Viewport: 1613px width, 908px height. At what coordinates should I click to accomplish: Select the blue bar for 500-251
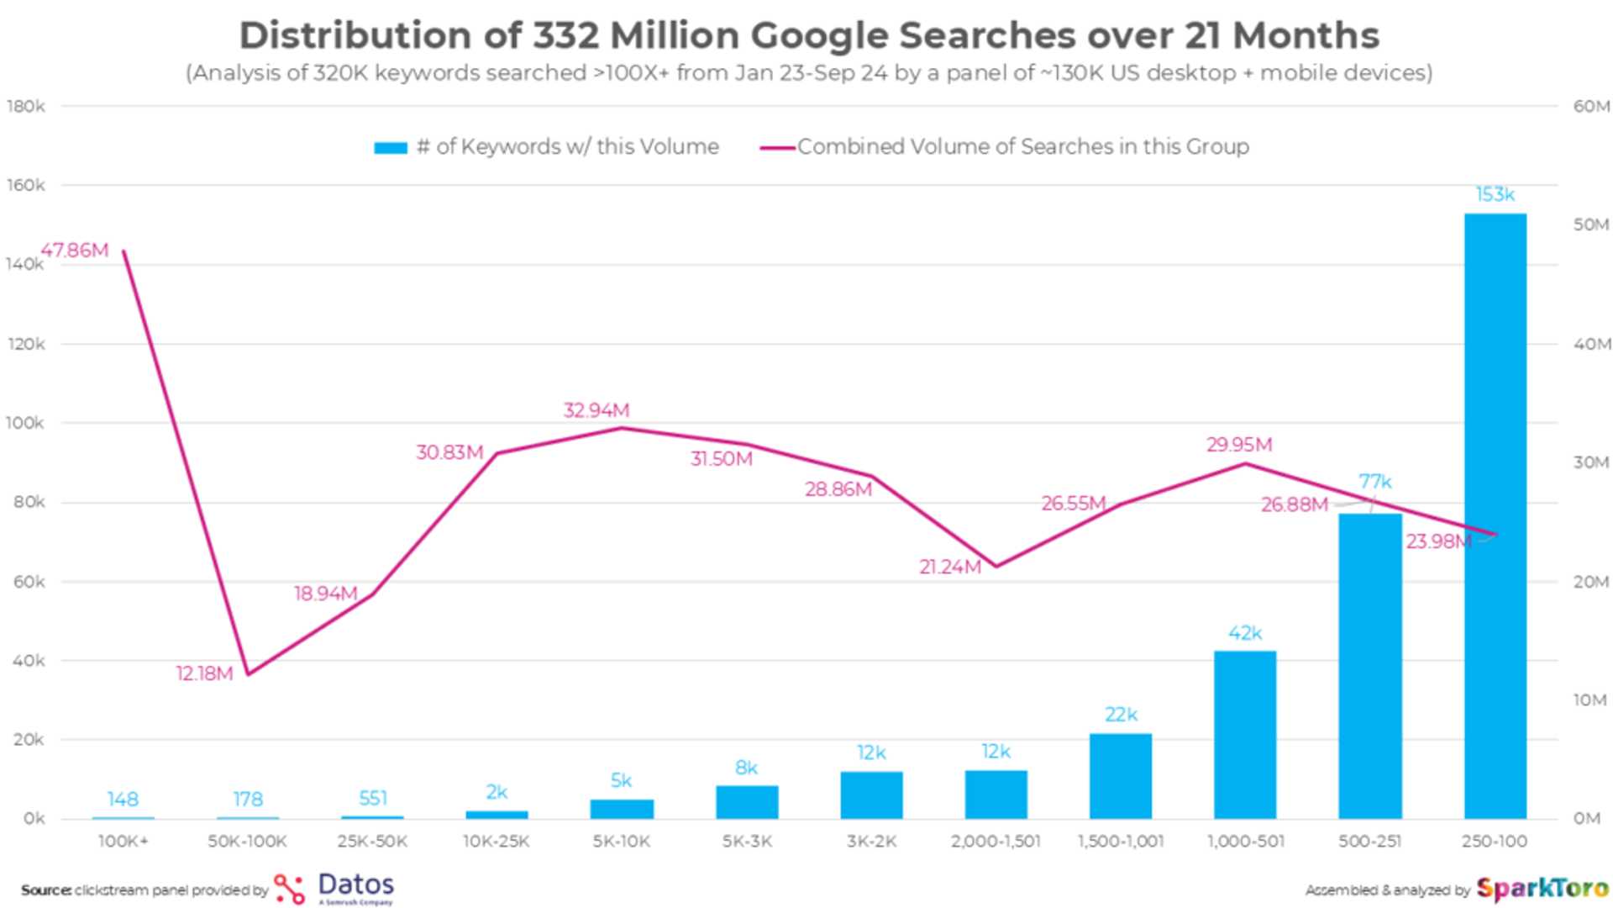coord(1370,673)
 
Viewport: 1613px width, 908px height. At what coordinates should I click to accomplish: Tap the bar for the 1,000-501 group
coord(1245,736)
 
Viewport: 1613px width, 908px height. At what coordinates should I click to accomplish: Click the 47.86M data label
coord(75,251)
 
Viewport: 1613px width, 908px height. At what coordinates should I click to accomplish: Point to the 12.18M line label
coord(204,673)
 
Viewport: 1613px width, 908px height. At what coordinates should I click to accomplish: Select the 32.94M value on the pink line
coord(596,410)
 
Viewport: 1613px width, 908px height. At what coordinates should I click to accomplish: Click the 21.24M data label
coord(949,567)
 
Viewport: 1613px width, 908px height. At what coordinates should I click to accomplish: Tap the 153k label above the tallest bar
coord(1495,195)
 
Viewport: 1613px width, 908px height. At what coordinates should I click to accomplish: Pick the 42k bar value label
coord(1245,633)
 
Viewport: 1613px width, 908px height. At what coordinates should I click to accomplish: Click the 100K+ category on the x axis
coord(123,841)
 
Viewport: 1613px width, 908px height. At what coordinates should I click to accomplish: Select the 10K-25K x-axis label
coord(497,841)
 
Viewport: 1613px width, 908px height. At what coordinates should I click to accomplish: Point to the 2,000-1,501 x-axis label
coord(996,841)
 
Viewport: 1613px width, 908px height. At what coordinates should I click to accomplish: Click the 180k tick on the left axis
coord(26,106)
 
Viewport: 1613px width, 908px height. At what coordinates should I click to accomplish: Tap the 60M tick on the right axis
coord(1590,106)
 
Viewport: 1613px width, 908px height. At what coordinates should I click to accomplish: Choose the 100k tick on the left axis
coord(25,423)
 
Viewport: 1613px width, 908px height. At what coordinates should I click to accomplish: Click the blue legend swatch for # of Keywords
coord(391,148)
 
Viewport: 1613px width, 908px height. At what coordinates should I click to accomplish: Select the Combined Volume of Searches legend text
coord(1022,146)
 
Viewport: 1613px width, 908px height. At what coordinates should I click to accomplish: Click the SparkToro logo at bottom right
coord(1541,889)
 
